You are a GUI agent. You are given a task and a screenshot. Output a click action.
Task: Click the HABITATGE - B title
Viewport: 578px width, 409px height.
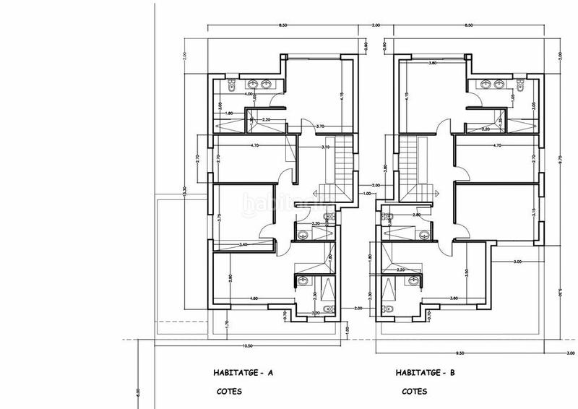[426, 374]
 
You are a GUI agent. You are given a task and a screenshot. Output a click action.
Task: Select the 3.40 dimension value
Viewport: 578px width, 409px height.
[243, 244]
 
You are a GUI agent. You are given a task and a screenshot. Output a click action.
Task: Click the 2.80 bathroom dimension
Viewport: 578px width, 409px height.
[416, 215]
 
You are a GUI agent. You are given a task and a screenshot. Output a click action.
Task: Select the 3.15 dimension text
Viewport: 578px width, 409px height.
[533, 211]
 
